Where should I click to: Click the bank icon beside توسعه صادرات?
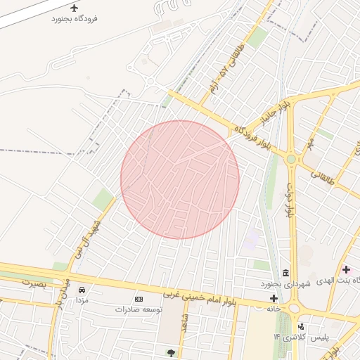[x=138, y=299]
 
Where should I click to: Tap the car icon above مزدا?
[x=82, y=290]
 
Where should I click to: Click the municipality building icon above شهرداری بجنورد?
[x=285, y=273]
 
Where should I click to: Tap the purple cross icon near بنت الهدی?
[x=345, y=269]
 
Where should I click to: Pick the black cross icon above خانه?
[x=273, y=298]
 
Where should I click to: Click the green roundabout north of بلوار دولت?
[x=290, y=160]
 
